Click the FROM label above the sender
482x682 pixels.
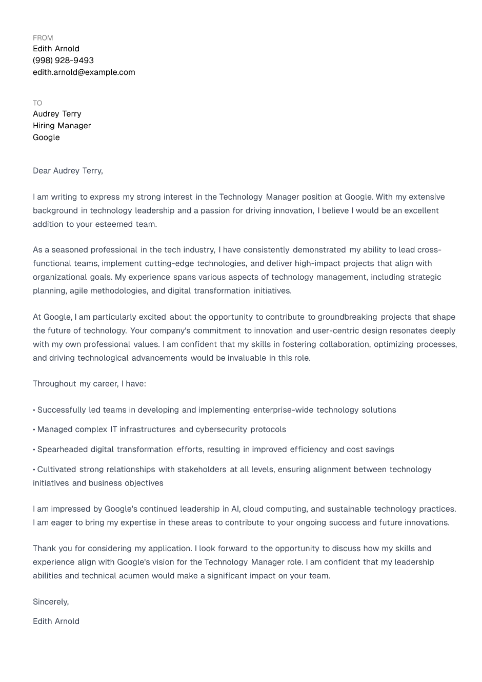[x=43, y=37]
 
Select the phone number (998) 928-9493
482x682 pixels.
[x=63, y=60]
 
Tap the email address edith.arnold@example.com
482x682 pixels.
[x=84, y=72]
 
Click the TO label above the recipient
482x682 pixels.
[x=37, y=103]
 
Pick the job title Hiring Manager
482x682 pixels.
[x=62, y=125]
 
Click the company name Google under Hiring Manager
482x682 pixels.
[x=46, y=137]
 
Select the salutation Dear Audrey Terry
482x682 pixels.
[x=68, y=170]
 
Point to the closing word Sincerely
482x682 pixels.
[x=50, y=601]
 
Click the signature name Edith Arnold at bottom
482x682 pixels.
[x=56, y=621]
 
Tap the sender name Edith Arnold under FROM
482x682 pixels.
[x=56, y=48]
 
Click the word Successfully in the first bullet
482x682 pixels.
[x=62, y=410]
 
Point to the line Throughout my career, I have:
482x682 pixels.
[x=89, y=383]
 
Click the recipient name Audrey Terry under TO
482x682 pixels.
[x=57, y=113]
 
